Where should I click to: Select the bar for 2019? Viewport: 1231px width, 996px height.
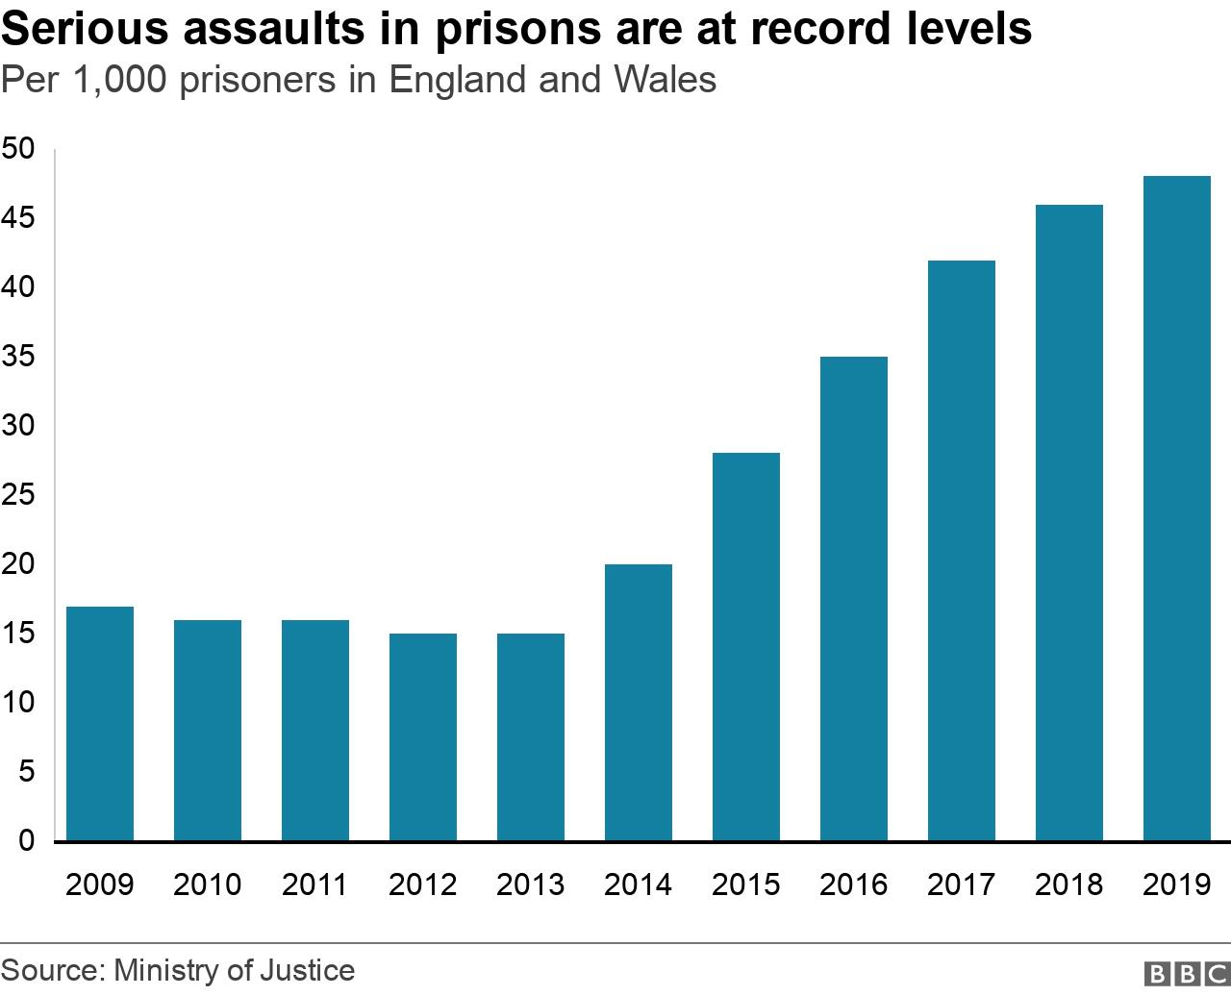1176,509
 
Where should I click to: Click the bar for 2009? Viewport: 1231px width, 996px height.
100,724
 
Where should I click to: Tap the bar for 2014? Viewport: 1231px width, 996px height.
639,703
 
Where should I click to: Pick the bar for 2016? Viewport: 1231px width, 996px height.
854,599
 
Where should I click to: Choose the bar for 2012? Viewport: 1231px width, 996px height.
423,737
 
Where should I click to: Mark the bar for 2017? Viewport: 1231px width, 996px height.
962,551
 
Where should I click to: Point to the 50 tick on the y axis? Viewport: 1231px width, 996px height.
18,149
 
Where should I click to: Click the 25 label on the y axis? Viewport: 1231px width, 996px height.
18,495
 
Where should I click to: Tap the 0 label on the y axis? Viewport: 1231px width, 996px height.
26,841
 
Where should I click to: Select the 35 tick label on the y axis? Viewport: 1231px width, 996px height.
18,357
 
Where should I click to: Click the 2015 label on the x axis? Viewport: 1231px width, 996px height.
745,884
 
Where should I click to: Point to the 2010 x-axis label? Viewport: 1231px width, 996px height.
207,884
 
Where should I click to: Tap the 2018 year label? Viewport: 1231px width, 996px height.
1068,884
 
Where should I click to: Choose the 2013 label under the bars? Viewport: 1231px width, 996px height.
530,884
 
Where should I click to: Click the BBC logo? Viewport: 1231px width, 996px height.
1186,973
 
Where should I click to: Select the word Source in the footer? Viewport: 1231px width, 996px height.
50,970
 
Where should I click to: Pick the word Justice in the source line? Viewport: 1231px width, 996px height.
307,970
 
